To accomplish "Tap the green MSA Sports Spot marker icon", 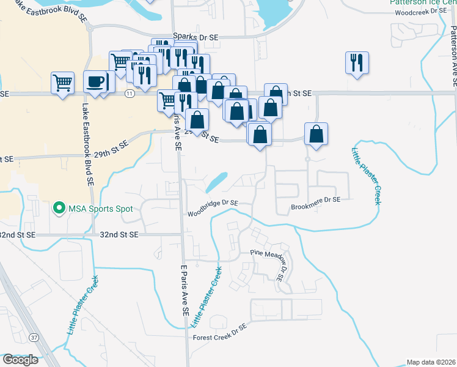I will tap(59, 209).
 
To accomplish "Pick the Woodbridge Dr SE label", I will tap(213, 203).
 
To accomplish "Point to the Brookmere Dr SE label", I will tap(315, 199).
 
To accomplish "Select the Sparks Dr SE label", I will tap(196, 37).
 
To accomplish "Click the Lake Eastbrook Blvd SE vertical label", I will tap(86, 143).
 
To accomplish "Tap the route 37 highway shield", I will tap(32, 338).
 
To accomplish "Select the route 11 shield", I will tap(129, 94).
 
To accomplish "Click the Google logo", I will tap(20, 360).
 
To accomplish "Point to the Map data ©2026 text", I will tap(430, 362).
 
